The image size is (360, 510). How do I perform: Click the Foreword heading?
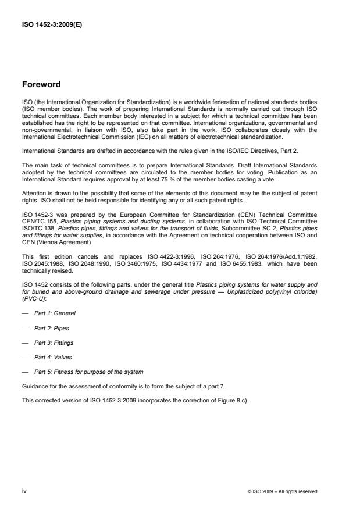pyautogui.click(x=41, y=84)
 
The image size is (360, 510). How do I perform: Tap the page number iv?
pyautogui.click(x=24, y=491)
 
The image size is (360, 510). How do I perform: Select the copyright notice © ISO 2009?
pyautogui.click(x=283, y=491)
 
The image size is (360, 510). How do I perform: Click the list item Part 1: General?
pyautogui.click(x=55, y=313)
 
